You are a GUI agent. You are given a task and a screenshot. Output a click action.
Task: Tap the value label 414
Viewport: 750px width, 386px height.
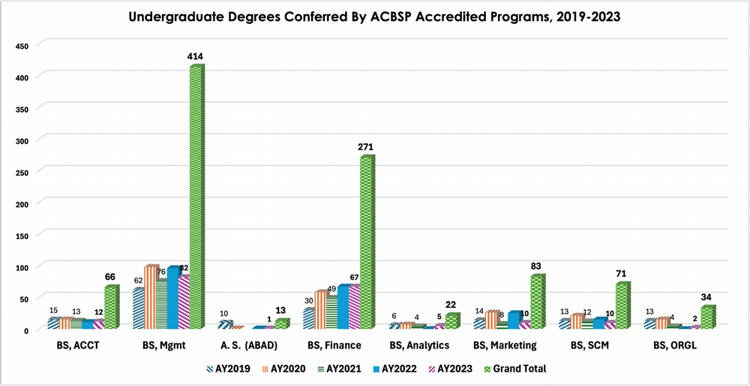[196, 56]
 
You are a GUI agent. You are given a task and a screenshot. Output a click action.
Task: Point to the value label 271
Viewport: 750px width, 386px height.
[366, 146]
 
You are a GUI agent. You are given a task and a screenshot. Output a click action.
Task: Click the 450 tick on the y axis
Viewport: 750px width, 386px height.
[22, 46]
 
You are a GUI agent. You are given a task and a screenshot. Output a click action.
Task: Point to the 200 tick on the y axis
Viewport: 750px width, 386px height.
[22, 204]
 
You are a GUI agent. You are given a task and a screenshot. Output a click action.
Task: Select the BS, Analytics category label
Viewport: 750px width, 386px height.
[419, 345]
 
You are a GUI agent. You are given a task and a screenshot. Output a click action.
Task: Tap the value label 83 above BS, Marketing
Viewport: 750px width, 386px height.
[536, 266]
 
